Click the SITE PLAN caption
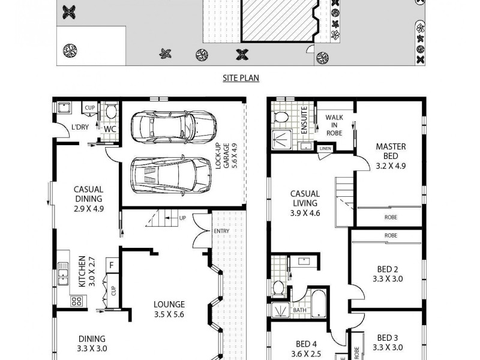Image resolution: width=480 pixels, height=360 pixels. tap(239, 77)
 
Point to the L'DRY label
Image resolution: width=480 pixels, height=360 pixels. tap(80, 127)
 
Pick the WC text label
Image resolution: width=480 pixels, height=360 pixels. tap(110, 128)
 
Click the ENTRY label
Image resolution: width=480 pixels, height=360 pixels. tap(221, 232)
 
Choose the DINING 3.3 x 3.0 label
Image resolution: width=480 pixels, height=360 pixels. tap(91, 343)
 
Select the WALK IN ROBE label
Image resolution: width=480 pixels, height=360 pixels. tap(334, 125)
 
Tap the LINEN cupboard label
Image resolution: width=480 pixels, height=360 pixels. tap(325, 148)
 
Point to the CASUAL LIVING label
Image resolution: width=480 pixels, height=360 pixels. tap(305, 203)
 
